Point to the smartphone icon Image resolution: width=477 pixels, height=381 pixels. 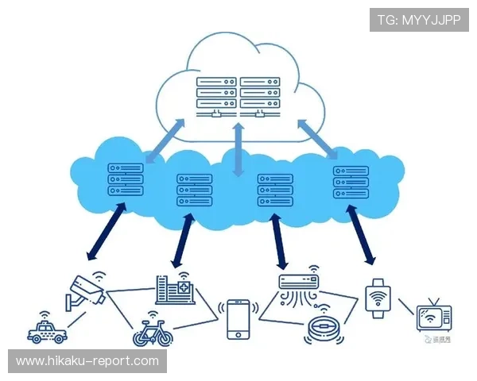pos(238,319)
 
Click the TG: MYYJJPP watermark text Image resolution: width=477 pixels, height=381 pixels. pos(419,19)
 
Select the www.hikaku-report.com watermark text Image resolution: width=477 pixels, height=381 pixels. pos(88,361)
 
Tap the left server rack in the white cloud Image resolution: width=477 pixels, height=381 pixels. pos(216,95)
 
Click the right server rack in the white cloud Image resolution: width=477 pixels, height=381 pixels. pos(262,95)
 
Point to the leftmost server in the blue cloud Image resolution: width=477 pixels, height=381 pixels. pos(126,180)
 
